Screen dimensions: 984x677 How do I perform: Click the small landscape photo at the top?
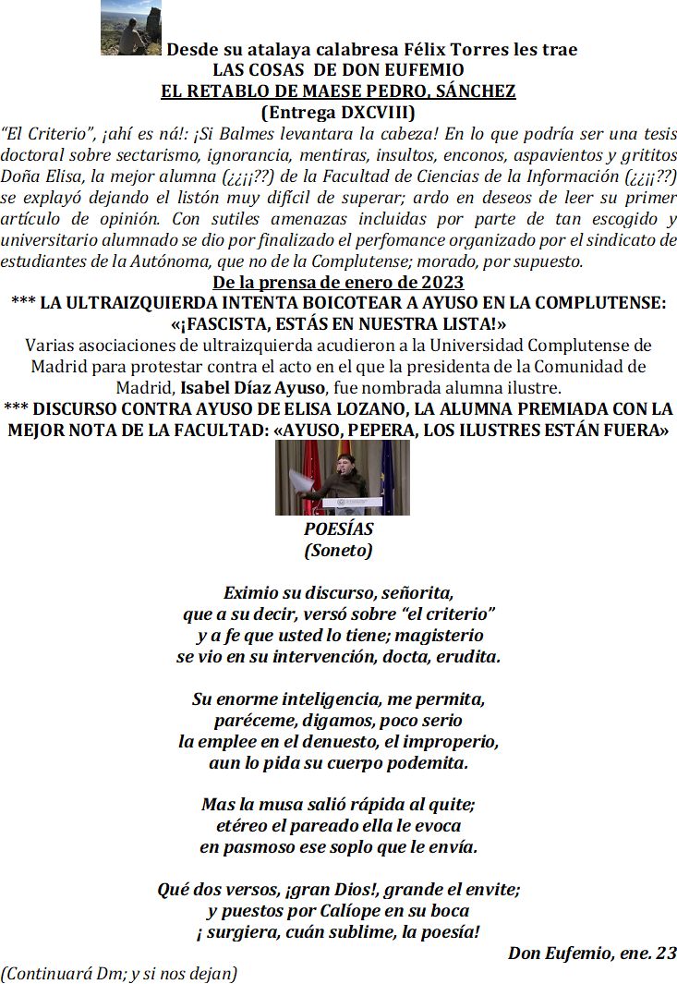131,30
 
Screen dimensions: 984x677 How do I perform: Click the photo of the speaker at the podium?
342,477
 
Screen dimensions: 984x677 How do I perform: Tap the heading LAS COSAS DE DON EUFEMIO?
338,70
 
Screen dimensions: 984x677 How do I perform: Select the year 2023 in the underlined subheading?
440,283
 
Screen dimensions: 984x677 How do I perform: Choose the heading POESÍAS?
338,529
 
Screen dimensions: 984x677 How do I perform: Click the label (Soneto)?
338,551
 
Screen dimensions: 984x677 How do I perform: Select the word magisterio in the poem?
439,636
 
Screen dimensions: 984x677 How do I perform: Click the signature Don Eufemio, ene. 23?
591,954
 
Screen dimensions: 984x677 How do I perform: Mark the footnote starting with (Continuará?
119,973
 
